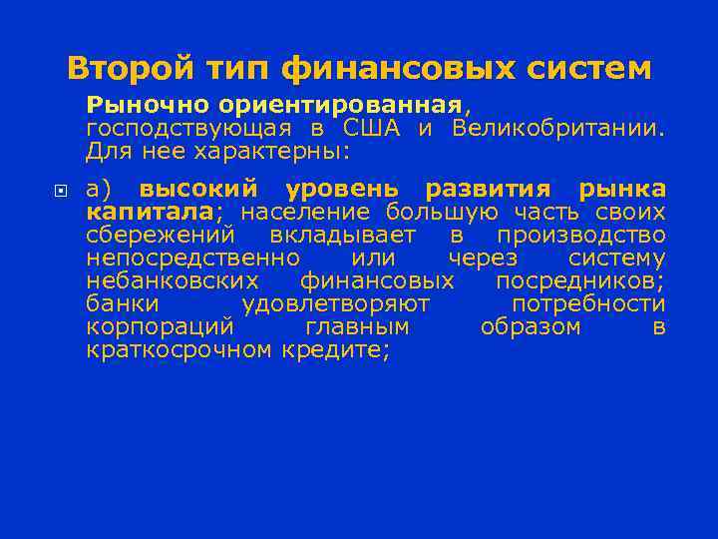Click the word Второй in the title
[x=126, y=69]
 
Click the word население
[x=303, y=211]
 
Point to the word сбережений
[x=161, y=234]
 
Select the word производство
[x=581, y=234]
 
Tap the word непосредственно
[x=192, y=257]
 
